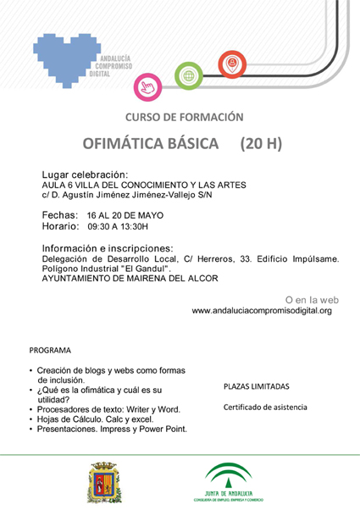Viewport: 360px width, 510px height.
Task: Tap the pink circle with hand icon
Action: click(x=147, y=86)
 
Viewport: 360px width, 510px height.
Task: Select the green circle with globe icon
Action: click(x=189, y=76)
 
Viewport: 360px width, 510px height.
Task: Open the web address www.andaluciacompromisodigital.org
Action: click(x=262, y=311)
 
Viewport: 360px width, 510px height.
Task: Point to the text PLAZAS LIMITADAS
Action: click(x=257, y=386)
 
